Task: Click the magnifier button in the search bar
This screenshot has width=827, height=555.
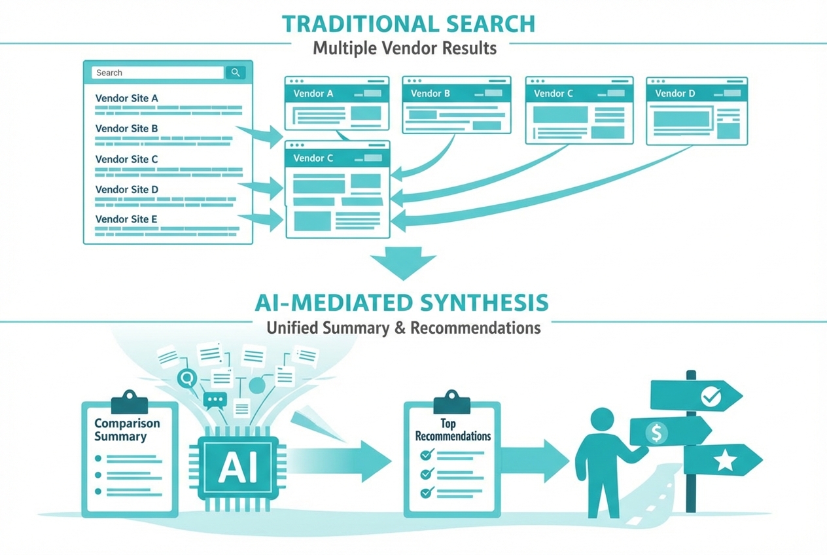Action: point(235,73)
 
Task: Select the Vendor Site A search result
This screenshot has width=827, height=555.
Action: point(127,99)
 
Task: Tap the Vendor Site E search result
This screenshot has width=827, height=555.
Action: point(127,219)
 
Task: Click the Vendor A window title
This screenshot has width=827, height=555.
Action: point(313,94)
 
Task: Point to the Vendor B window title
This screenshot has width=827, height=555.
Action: point(431,94)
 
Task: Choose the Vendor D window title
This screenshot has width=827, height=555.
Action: point(675,94)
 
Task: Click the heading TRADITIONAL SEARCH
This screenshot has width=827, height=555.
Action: point(409,24)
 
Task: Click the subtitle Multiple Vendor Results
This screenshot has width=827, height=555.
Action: point(404,48)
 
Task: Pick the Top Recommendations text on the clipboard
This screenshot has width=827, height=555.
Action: point(453,430)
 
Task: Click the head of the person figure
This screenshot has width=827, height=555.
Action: point(602,420)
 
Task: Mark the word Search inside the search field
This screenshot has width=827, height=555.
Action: point(109,73)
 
